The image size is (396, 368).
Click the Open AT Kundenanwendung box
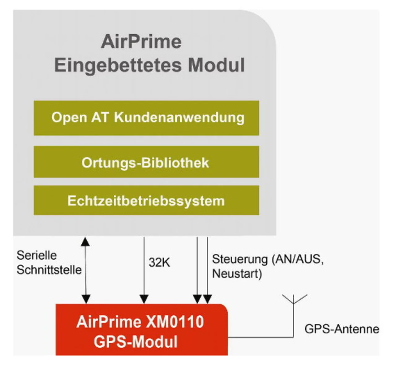[146, 118]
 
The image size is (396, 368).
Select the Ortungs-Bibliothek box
[146, 162]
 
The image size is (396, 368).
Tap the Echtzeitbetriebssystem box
[146, 200]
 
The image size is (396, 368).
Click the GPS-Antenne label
[342, 329]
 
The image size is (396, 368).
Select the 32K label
[159, 263]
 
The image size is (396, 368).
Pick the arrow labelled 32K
[144, 269]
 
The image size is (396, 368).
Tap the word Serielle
[37, 255]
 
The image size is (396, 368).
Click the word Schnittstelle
[49, 270]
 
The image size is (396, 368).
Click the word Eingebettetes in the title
[118, 65]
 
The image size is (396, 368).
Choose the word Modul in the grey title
[217, 65]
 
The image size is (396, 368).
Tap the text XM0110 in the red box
[175, 322]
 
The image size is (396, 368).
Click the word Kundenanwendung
[179, 118]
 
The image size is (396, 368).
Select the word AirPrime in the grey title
[141, 41]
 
